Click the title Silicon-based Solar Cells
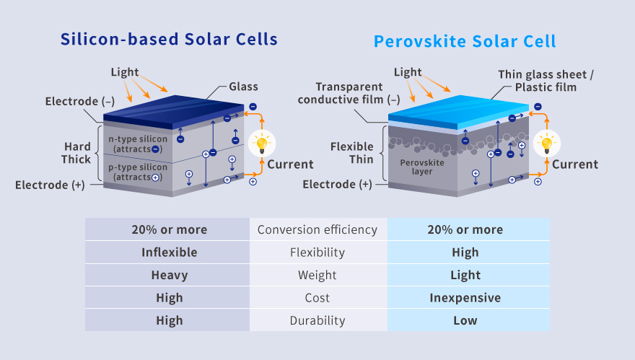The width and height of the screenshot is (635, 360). click(x=169, y=39)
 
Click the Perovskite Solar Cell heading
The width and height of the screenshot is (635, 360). click(x=465, y=41)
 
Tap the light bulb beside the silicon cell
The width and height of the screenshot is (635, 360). click(x=262, y=144)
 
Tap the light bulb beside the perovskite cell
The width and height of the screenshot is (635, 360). click(x=547, y=144)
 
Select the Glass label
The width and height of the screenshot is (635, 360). click(x=243, y=87)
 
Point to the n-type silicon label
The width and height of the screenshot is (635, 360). click(x=138, y=144)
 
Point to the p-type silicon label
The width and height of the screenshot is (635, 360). click(x=138, y=172)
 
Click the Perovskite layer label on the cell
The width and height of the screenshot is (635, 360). click(x=422, y=167)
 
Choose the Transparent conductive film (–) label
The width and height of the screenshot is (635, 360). click(x=349, y=93)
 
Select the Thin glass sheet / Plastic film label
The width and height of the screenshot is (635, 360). click(x=546, y=81)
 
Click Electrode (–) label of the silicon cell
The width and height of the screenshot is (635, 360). click(x=80, y=101)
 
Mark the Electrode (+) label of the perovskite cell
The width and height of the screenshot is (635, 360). click(x=338, y=184)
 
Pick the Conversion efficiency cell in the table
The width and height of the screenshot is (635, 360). click(x=317, y=229)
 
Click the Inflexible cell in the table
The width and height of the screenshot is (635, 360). click(x=170, y=253)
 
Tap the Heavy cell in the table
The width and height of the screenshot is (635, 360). click(x=170, y=276)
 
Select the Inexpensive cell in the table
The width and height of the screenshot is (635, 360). click(x=465, y=298)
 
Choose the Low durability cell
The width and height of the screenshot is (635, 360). click(x=465, y=321)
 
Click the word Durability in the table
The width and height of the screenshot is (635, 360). click(x=317, y=321)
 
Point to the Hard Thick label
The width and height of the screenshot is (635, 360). click(x=76, y=153)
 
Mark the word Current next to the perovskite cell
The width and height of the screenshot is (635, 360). click(x=575, y=164)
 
